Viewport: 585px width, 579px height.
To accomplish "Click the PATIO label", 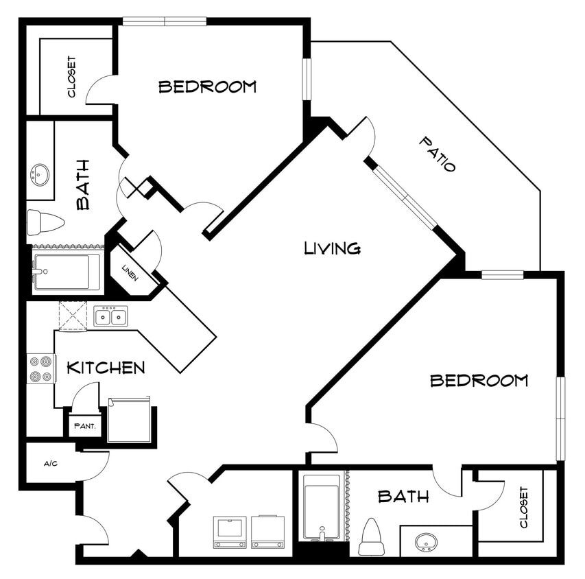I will (438, 154).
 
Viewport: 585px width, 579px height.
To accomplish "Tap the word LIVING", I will (333, 248).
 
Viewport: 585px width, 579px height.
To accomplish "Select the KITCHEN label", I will (106, 368).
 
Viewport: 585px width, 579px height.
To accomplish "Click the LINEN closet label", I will (130, 272).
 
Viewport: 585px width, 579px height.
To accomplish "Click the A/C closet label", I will (51, 464).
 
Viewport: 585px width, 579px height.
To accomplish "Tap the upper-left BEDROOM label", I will (207, 86).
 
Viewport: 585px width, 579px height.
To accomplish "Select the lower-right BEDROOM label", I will (479, 380).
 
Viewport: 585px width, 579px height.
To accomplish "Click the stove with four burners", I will (40, 368).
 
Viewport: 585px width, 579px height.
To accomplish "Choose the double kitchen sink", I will (110, 316).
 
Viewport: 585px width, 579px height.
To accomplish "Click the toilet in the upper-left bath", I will (45, 222).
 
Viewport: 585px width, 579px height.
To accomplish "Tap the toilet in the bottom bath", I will (371, 536).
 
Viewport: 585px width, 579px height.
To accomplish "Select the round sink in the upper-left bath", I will (40, 174).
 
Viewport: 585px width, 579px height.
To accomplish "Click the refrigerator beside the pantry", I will (128, 420).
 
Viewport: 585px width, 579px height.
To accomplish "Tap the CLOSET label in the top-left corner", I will (72, 77).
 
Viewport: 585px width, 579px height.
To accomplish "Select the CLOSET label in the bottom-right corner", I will (525, 508).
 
